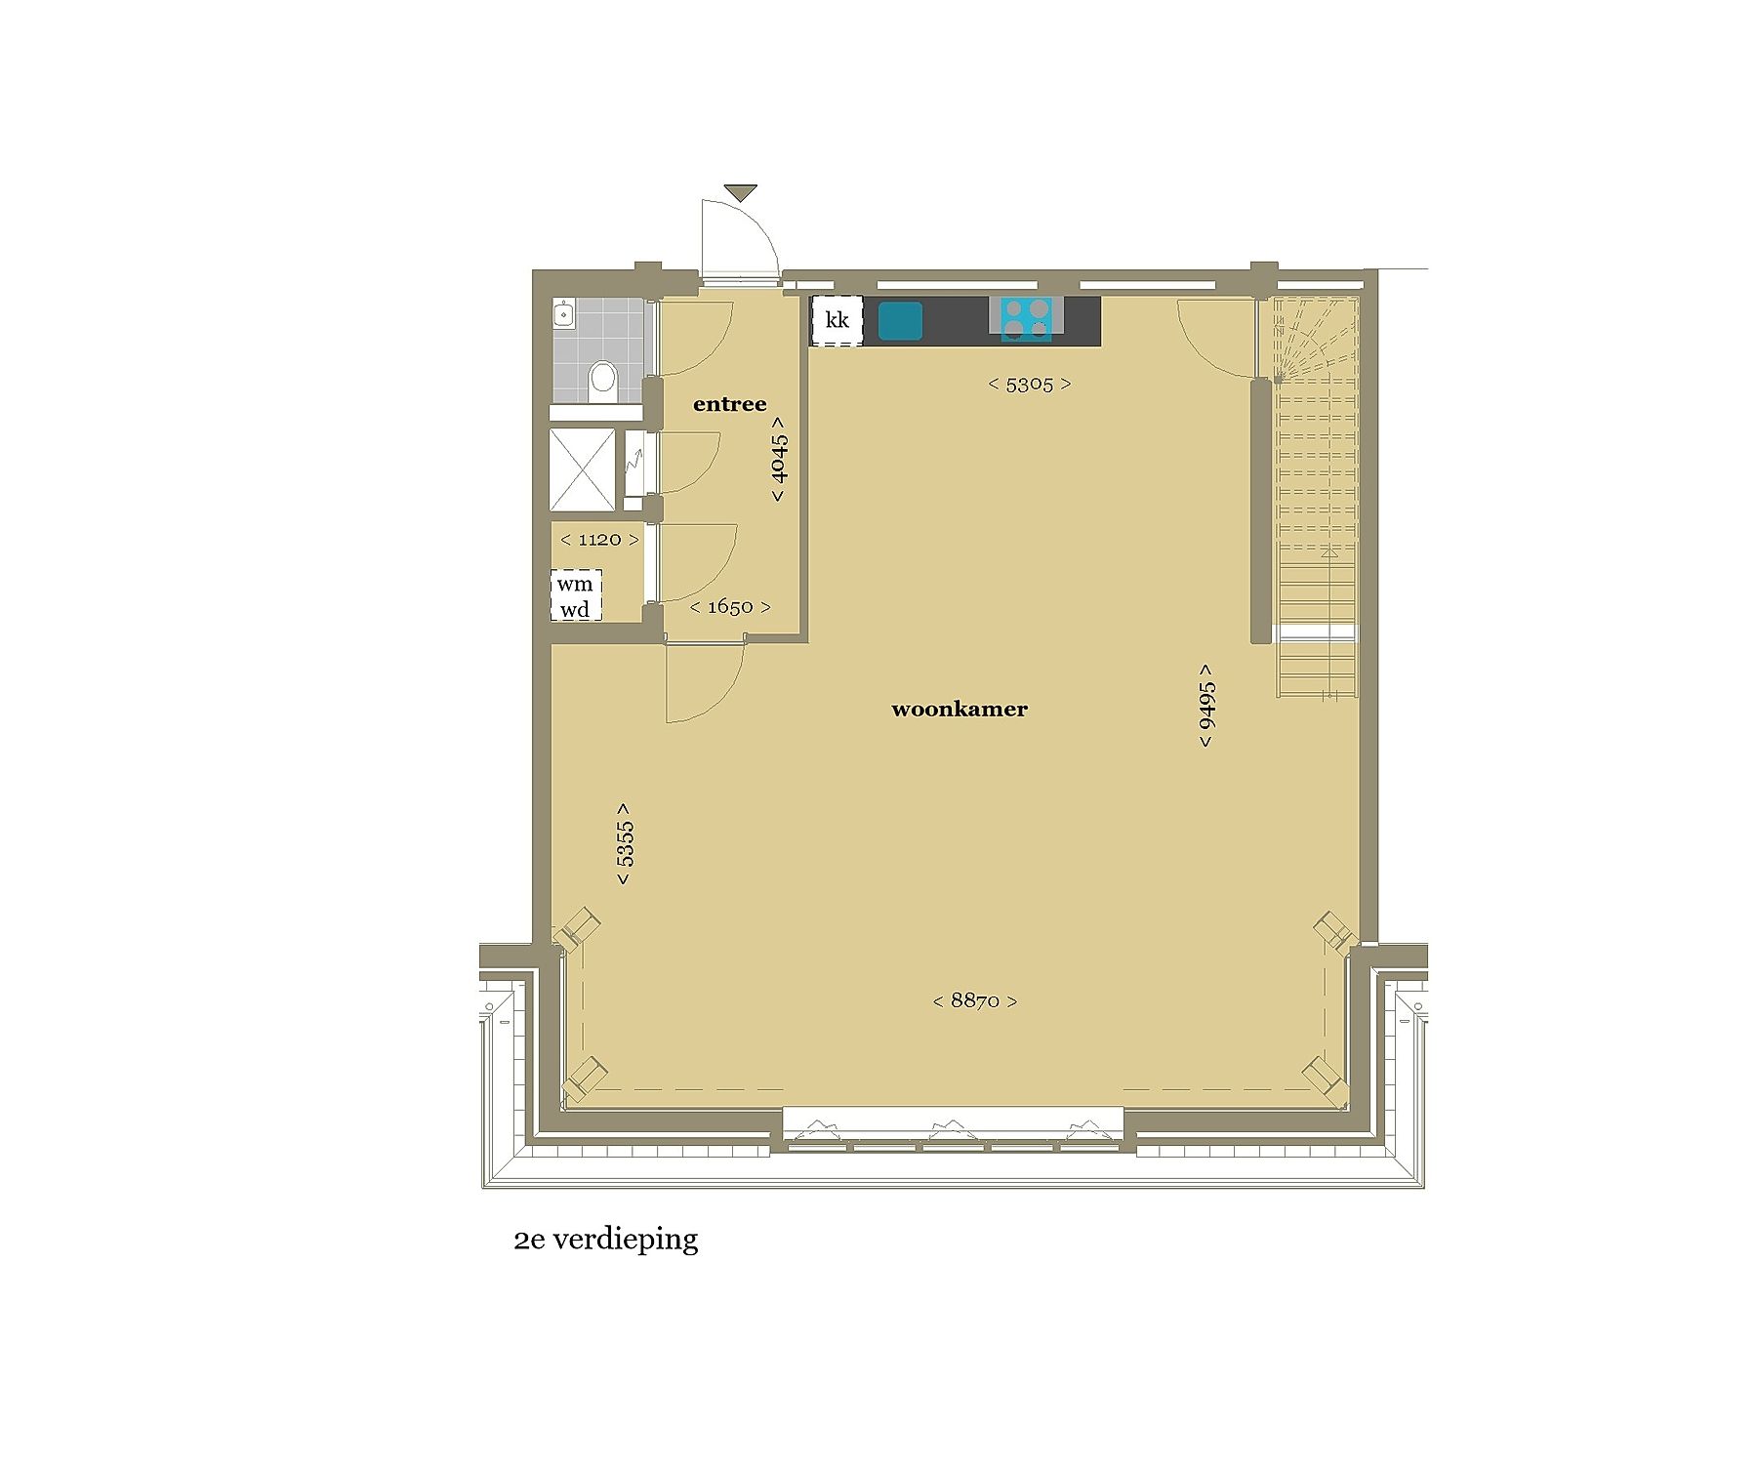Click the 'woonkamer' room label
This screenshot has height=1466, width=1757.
[x=960, y=710]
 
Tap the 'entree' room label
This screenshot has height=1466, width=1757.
[x=729, y=404]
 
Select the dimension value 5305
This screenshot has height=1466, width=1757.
[x=1030, y=385]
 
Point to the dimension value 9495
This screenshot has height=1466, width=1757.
[x=1207, y=706]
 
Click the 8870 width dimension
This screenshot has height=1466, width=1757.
[x=975, y=1001]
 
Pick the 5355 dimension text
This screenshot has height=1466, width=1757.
[x=625, y=844]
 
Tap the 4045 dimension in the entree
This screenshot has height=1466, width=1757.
[x=779, y=459]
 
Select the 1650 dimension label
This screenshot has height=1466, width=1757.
[x=730, y=607]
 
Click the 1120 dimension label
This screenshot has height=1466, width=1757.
[x=600, y=540]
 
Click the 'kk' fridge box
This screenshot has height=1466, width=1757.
[x=837, y=320]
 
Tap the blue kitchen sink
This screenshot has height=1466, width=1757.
[x=900, y=320]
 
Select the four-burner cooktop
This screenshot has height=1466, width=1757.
[x=1026, y=319]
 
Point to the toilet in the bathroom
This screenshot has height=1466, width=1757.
[x=603, y=377]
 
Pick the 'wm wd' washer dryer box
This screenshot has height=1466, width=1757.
[x=576, y=596]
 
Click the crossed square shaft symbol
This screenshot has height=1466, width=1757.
[x=583, y=469]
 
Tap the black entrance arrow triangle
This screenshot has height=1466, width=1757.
[x=741, y=192]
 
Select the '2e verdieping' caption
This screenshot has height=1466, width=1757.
[x=606, y=1241]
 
